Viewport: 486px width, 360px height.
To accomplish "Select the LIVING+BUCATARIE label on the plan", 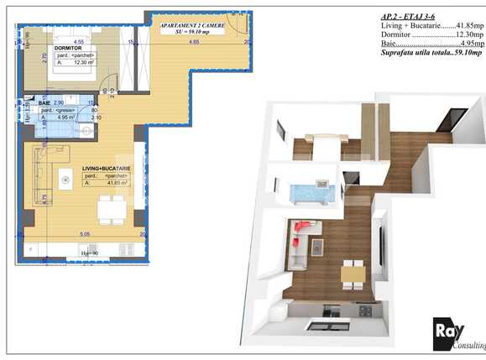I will coord(107,169).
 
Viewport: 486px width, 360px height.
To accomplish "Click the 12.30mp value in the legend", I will coord(467,34).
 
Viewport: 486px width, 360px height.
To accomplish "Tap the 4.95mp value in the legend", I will coord(468,44).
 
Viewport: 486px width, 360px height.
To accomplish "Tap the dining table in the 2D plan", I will coord(109,208).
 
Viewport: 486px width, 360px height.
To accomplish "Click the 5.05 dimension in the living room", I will coord(84,234).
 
